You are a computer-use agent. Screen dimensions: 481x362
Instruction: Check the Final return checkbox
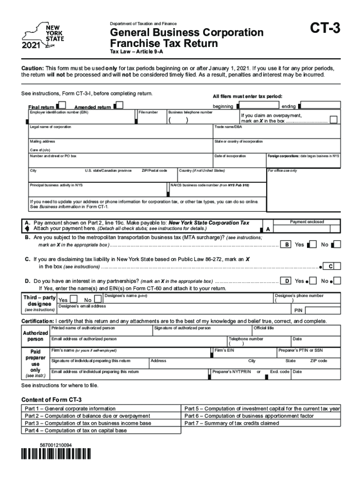[60, 106]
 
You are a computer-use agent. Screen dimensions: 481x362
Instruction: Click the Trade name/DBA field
[276, 133]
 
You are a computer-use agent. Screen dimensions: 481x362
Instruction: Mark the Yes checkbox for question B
[312, 244]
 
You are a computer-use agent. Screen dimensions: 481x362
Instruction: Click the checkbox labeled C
[331, 267]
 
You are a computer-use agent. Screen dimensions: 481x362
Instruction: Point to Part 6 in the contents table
[249, 416]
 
